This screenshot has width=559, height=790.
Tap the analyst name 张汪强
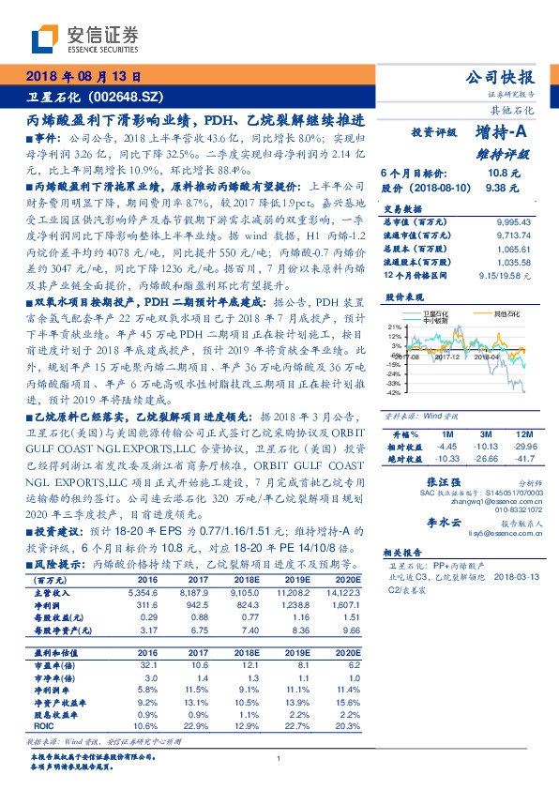428,479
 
